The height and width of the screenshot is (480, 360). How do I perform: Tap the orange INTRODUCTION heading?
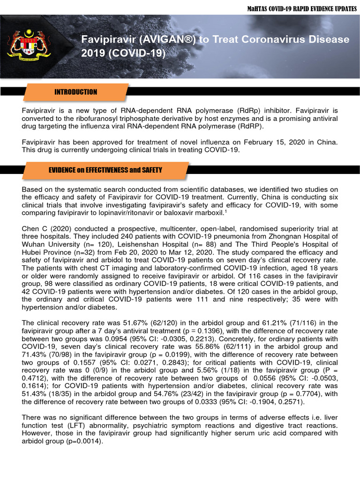(x=76, y=92)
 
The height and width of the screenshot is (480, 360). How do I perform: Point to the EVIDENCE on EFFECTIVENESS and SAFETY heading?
(x=105, y=170)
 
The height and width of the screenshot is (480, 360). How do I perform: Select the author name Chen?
(x=30, y=228)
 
